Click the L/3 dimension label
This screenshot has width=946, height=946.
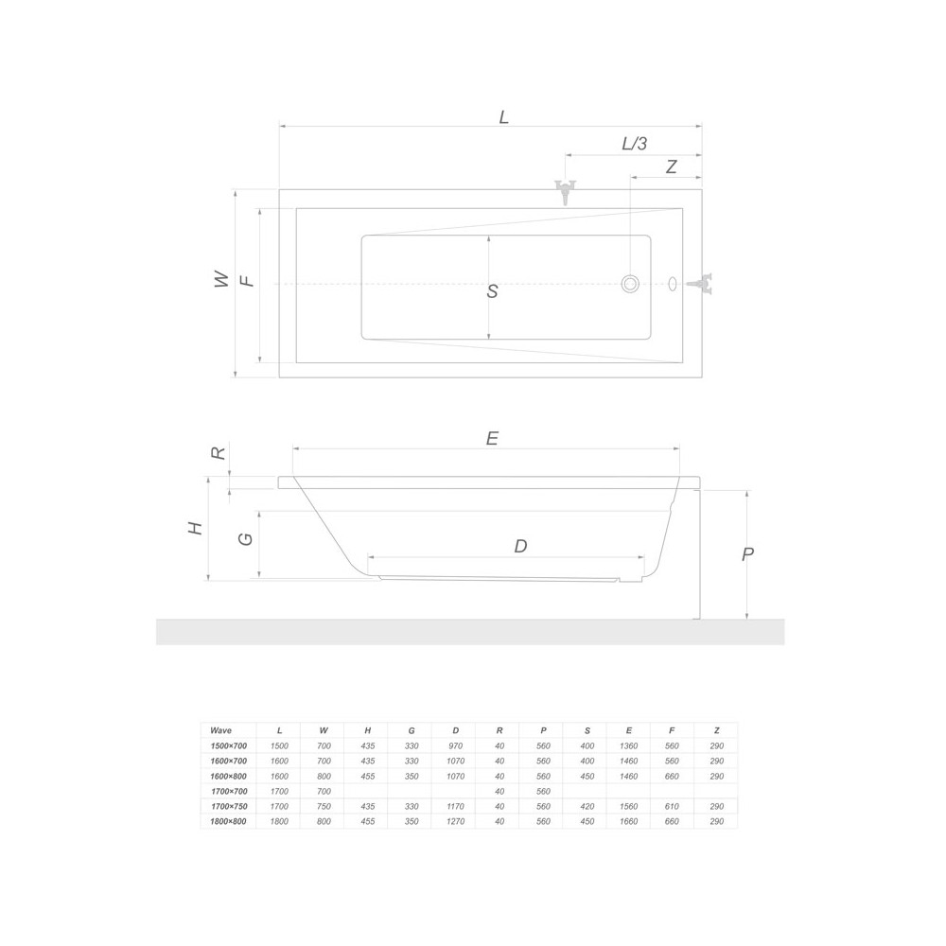(634, 144)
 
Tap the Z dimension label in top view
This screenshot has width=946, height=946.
(671, 166)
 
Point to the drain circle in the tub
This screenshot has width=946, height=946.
(630, 284)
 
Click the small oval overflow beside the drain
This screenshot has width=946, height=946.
(673, 284)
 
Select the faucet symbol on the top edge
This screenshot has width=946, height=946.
(566, 192)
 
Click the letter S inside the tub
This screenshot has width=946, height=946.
(492, 291)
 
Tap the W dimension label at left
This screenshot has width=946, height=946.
(222, 279)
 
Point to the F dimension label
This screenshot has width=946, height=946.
(247, 281)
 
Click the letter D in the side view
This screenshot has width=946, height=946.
(520, 546)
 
